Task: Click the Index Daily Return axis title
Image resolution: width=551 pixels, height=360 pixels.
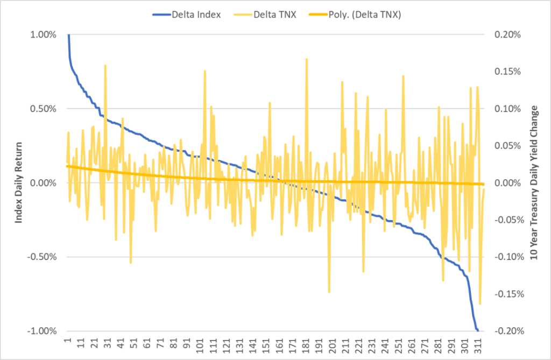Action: [x=19, y=182]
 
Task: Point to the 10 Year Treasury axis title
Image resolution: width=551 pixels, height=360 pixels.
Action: [x=534, y=182]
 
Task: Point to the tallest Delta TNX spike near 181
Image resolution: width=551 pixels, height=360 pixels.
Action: [x=306, y=59]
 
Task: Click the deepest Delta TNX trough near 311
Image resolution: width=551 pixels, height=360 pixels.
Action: [x=479, y=304]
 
